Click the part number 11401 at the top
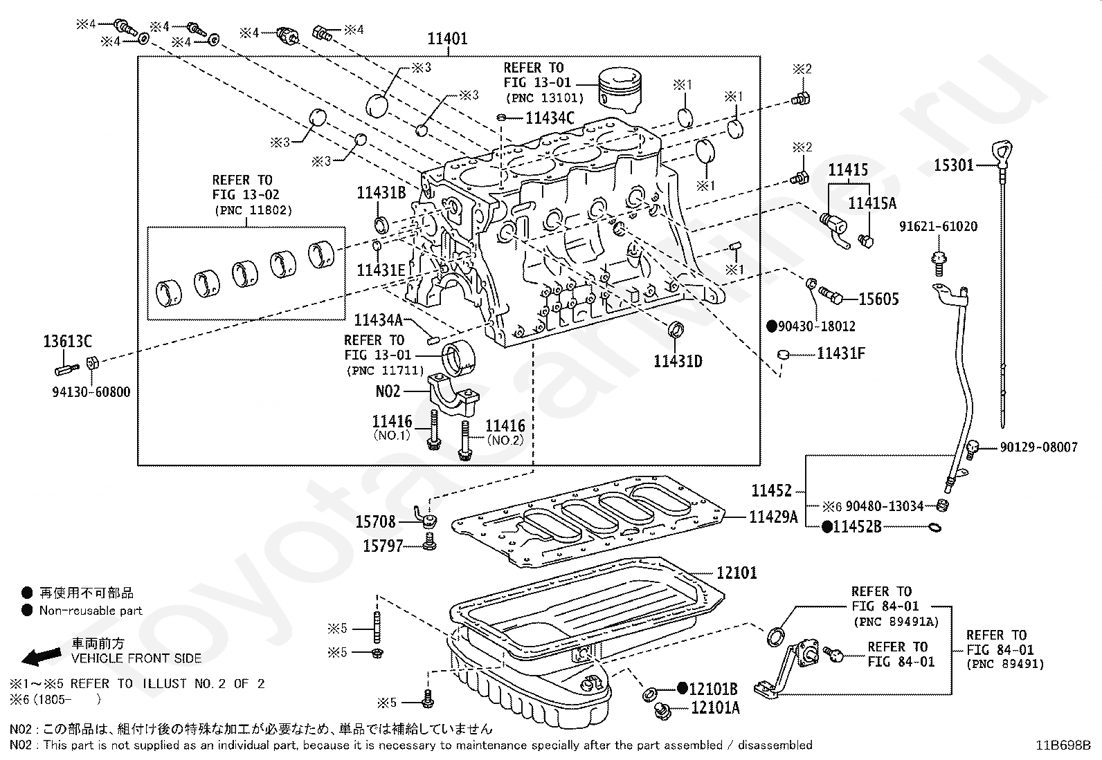[447, 38]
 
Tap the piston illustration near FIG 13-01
[620, 88]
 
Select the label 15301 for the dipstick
[954, 165]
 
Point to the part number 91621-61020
[938, 226]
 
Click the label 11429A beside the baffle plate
[773, 517]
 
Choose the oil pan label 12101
[737, 573]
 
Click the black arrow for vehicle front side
[42, 656]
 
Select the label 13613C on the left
[67, 341]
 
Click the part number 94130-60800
[91, 392]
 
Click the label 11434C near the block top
[550, 118]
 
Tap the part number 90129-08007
[1038, 447]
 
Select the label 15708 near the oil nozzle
[375, 521]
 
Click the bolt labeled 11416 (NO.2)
[464, 441]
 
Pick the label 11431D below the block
[678, 361]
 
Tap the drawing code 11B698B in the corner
[1063, 745]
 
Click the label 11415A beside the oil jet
[872, 203]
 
